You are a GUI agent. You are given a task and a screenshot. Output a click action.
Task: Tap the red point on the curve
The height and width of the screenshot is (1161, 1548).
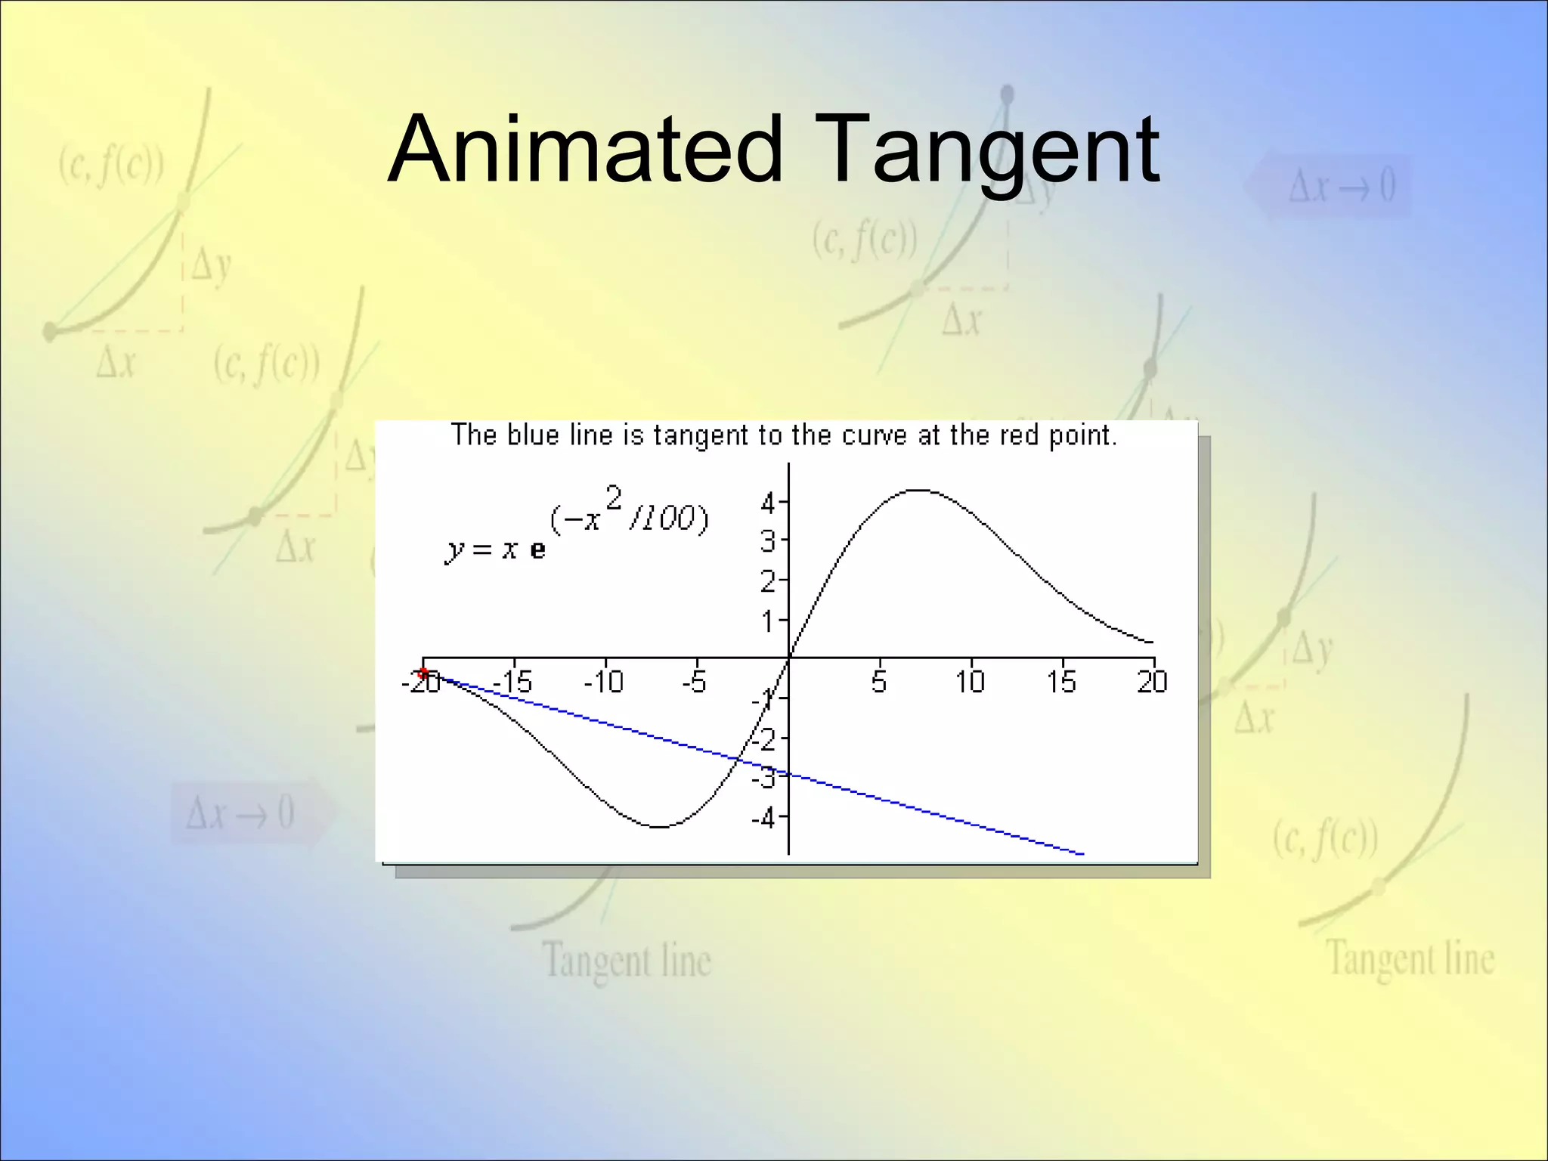(423, 672)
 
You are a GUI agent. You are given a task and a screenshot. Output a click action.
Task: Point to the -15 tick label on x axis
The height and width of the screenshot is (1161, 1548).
(512, 683)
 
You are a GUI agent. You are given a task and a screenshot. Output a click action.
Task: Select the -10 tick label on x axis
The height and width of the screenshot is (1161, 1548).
(604, 683)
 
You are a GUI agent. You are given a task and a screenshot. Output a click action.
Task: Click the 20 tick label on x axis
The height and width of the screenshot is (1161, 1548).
(1152, 683)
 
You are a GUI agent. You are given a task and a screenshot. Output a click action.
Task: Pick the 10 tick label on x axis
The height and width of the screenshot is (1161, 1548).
(970, 683)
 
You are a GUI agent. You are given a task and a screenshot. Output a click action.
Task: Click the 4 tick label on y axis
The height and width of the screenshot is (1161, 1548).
(768, 503)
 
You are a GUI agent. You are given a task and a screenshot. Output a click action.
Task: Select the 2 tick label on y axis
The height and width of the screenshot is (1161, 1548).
(768, 582)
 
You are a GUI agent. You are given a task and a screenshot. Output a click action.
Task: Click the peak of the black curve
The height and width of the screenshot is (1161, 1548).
(917, 491)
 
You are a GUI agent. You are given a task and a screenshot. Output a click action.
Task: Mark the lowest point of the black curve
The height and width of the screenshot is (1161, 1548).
(659, 827)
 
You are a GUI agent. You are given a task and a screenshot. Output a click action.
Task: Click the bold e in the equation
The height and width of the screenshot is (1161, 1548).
(537, 550)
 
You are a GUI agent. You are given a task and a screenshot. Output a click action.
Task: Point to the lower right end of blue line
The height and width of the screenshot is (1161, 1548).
(1082, 854)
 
